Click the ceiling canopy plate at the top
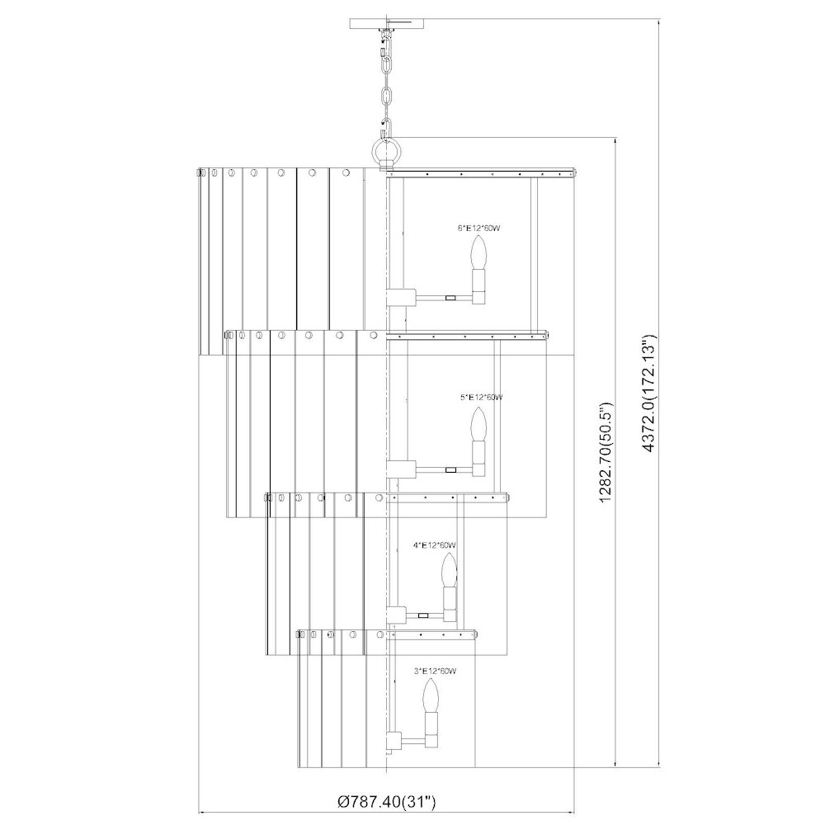click(387, 24)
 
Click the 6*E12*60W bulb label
click(478, 229)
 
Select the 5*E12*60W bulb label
click(481, 398)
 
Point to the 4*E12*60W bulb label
click(435, 545)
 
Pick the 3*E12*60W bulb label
click(435, 671)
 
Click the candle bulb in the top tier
click(478, 253)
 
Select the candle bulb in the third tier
click(448, 572)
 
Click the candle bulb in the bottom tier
click(431, 695)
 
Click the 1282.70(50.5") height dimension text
click(606, 452)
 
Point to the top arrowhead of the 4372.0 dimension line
click(658, 22)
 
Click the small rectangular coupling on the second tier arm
click(450, 469)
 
